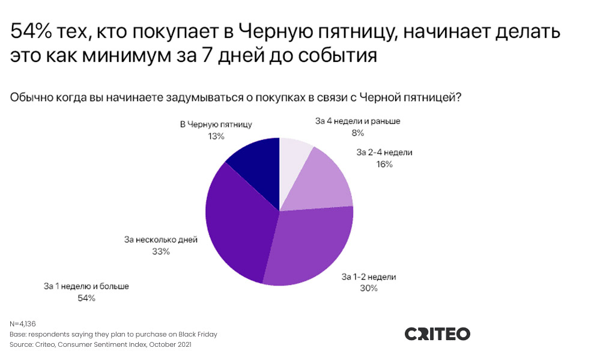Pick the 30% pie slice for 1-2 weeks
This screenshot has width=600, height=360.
coord(312,246)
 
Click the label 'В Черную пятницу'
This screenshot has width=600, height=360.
coord(216,124)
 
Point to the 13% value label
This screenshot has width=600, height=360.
coord(216,136)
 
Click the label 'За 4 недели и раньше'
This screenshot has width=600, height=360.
coord(358,121)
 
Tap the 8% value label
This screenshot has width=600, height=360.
coord(358,133)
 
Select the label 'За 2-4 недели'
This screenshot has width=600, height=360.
coord(384,152)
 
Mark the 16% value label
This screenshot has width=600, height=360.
coord(384,164)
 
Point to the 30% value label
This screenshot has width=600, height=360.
coord(369,288)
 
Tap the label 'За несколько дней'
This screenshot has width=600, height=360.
coord(161,240)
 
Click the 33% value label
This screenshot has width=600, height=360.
coord(161,252)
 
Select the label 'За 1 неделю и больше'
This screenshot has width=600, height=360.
coord(86,286)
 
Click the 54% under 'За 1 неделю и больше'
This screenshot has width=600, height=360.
coord(86,298)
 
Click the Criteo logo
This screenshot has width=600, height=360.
coord(437,334)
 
